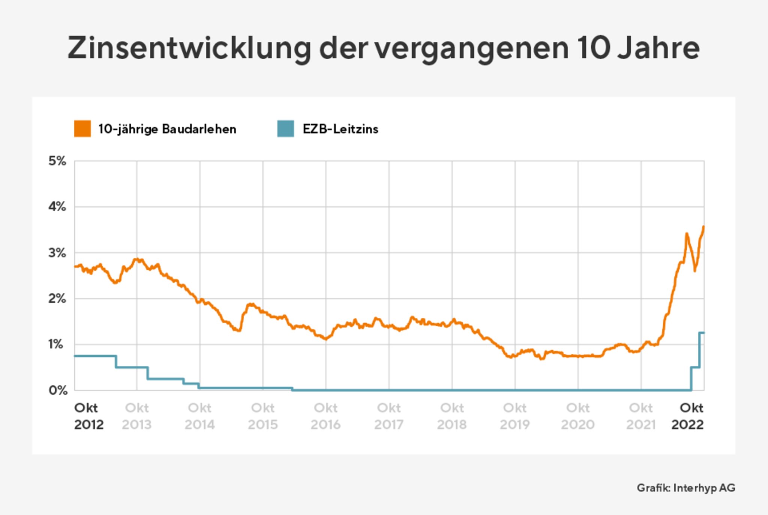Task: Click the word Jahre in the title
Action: click(x=658, y=48)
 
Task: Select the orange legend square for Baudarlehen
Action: click(x=82, y=129)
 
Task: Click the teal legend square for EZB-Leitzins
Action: click(x=285, y=129)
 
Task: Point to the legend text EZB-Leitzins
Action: click(x=340, y=129)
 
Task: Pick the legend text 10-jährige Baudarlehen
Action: click(x=167, y=129)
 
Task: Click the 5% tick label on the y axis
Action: click(x=57, y=161)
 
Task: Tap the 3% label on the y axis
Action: click(x=57, y=253)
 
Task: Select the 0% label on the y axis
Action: click(x=58, y=390)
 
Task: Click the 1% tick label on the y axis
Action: click(x=55, y=344)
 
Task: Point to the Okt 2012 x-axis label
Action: click(x=88, y=416)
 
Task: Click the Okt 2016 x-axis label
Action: click(x=325, y=416)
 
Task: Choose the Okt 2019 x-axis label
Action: click(x=514, y=416)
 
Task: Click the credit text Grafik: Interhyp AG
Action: click(x=686, y=488)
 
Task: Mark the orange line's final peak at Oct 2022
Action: click(x=703, y=227)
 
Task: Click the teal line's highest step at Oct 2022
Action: click(x=702, y=333)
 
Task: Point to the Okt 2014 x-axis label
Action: click(x=199, y=416)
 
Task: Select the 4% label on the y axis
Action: click(x=57, y=207)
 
